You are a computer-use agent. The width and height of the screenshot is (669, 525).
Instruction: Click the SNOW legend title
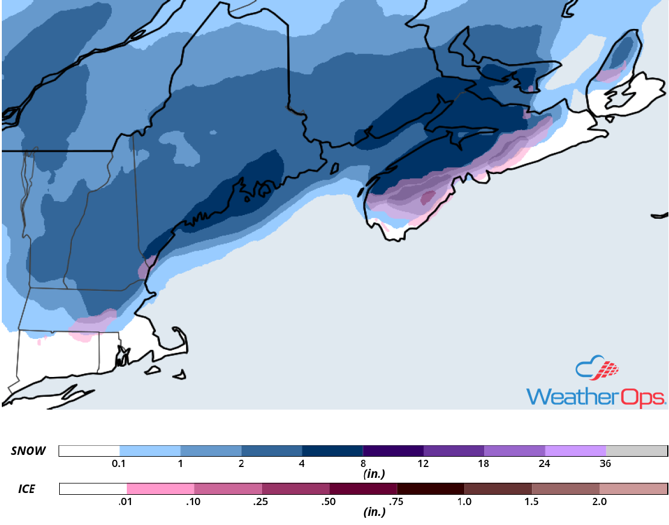click(28, 451)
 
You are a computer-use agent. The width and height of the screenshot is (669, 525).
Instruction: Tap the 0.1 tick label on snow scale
click(120, 464)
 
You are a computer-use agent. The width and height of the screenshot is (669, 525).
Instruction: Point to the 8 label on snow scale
click(363, 464)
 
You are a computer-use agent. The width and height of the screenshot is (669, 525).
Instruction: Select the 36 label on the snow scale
click(606, 464)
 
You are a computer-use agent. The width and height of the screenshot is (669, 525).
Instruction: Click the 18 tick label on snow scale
click(484, 464)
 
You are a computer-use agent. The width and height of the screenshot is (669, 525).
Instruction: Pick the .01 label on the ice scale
click(126, 501)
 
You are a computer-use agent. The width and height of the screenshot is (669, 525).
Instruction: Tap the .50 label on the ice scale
click(329, 501)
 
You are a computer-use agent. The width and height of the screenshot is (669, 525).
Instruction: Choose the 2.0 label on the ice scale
click(599, 501)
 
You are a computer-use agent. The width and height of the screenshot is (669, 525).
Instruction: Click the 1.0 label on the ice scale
click(464, 501)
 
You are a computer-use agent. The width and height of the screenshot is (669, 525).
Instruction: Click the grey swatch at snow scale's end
click(636, 451)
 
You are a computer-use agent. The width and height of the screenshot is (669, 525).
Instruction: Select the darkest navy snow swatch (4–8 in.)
click(332, 451)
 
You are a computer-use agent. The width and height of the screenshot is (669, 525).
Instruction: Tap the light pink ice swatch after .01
click(161, 488)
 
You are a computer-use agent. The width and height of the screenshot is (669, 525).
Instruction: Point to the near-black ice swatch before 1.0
click(431, 488)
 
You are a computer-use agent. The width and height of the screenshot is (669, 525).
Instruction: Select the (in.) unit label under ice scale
click(375, 512)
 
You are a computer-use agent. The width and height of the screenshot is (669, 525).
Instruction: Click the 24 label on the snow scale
click(545, 464)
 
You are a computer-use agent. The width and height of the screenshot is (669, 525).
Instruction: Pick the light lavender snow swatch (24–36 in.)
click(575, 451)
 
